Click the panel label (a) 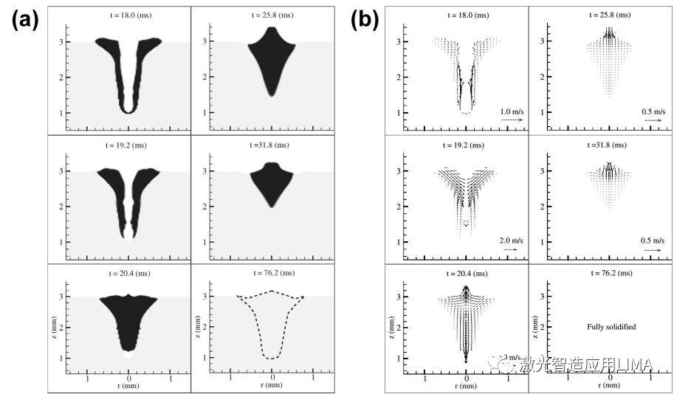(24, 20)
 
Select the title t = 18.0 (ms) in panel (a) (128, 14)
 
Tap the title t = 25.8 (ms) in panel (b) (610, 14)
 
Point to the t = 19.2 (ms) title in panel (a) (128, 144)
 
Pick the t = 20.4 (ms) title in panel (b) (467, 272)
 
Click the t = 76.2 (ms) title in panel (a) (272, 272)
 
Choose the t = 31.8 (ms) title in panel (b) (610, 144)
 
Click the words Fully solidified (611, 325)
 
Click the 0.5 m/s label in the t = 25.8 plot (652, 111)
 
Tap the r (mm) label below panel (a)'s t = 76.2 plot (272, 385)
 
